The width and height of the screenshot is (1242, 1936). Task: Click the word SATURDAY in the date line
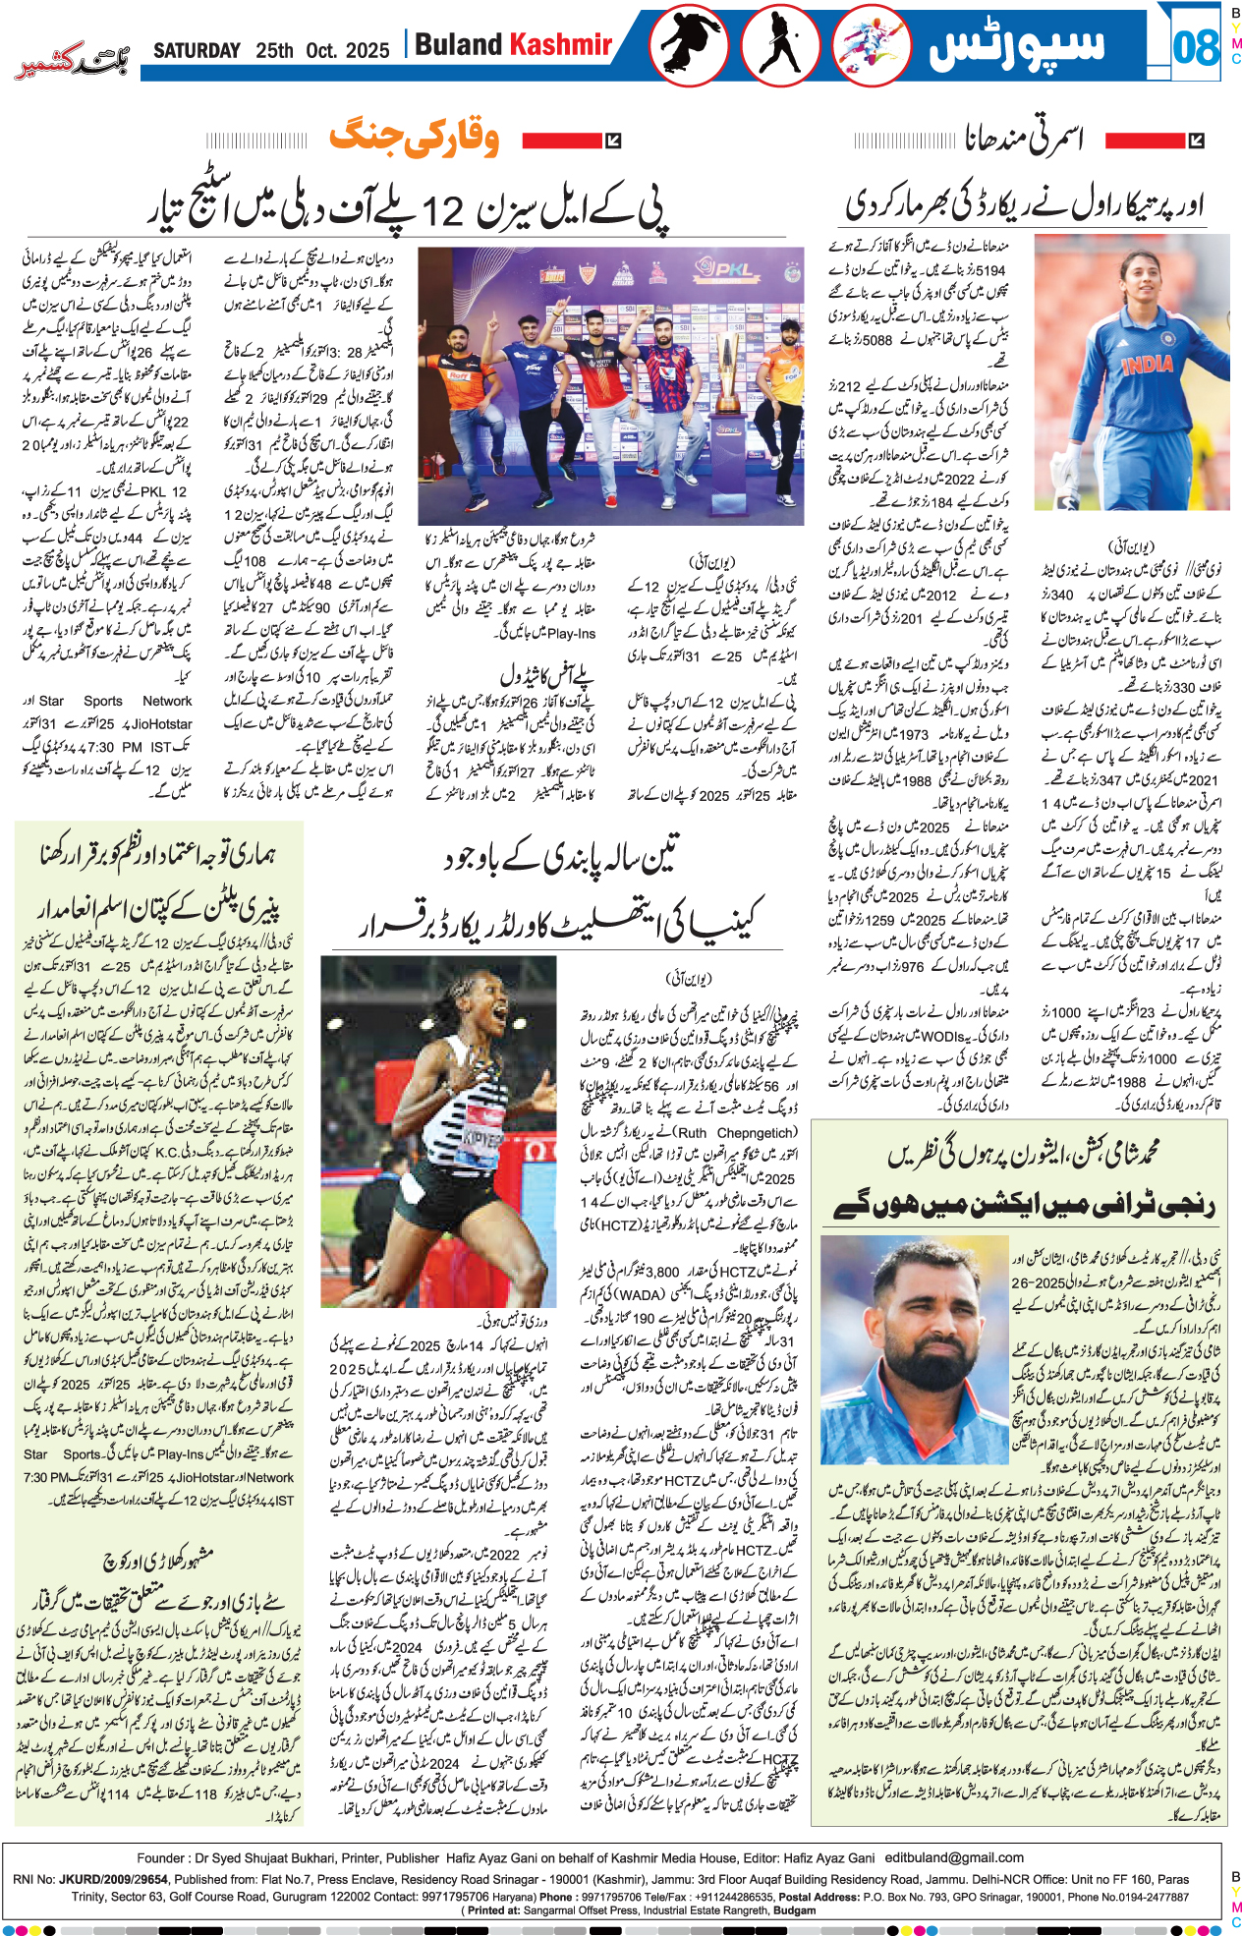pos(197,51)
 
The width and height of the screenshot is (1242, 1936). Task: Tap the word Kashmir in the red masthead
pos(561,45)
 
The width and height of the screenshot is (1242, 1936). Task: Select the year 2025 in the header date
pos(367,51)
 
